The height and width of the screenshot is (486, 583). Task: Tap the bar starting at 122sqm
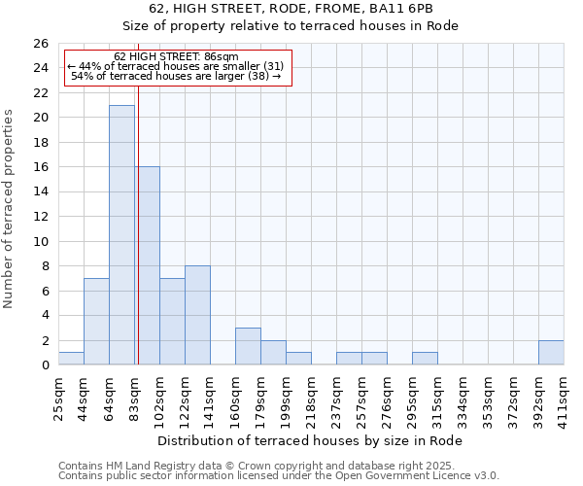(197, 315)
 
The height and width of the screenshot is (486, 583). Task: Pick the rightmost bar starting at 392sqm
(551, 353)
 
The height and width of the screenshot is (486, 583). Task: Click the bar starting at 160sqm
(248, 346)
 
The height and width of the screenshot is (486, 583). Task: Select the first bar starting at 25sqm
(71, 359)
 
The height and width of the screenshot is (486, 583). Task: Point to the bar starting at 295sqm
(425, 359)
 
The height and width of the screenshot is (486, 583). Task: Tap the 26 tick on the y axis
(42, 44)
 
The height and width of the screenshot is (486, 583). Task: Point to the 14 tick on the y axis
(42, 192)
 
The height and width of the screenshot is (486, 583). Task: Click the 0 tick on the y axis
(45, 365)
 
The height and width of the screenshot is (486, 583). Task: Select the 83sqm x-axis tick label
(134, 396)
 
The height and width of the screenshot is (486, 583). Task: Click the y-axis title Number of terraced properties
(9, 209)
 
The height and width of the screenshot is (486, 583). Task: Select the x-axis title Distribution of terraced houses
(310, 441)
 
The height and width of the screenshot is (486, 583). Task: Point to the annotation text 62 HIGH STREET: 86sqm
(176, 57)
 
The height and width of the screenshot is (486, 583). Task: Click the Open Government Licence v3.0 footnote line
(279, 476)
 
